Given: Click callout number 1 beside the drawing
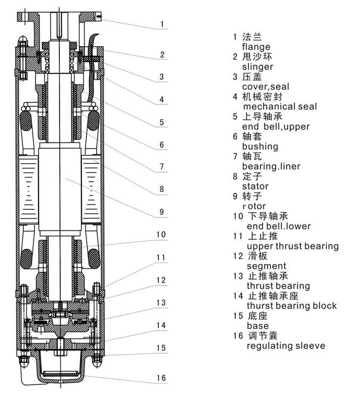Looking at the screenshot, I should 163,24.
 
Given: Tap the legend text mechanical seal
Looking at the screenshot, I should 279,106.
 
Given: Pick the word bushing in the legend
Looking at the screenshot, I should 260,146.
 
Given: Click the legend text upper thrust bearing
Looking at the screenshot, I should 293,246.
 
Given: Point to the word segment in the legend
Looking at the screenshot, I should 267,266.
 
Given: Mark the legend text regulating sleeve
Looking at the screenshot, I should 286,346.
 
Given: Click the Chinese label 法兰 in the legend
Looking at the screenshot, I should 252,37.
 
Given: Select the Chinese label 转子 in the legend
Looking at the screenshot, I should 252,196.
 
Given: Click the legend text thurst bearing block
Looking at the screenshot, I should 292,306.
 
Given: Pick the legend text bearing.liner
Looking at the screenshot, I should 271,166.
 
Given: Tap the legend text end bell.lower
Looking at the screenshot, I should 279,226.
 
